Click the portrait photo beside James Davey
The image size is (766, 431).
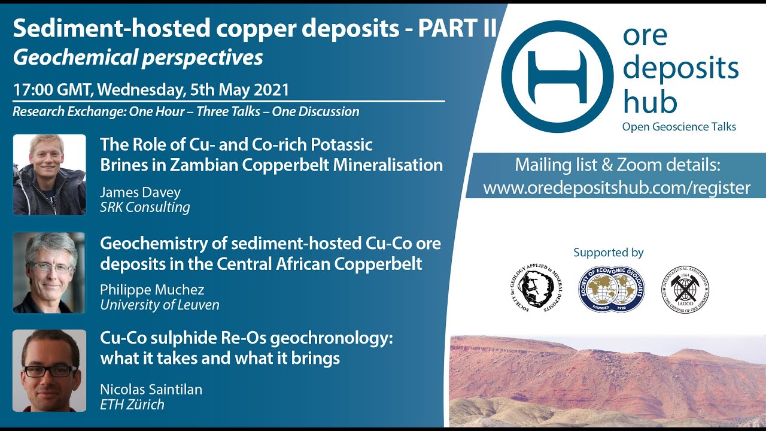tap(49, 174)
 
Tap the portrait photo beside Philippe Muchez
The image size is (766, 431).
tap(49, 272)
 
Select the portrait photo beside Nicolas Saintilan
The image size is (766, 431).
tap(49, 371)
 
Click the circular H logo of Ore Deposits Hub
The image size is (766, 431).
tap(557, 77)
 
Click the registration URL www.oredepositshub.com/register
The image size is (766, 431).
tap(616, 188)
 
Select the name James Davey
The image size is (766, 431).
tap(140, 193)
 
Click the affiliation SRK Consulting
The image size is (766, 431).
tap(145, 208)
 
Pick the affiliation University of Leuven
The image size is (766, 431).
tap(159, 305)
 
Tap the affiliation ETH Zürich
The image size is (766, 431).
tap(132, 405)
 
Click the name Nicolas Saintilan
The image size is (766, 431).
tap(151, 390)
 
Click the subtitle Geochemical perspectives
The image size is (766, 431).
tap(138, 57)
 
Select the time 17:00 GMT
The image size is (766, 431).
tap(52, 90)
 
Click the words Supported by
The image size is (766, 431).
tap(608, 253)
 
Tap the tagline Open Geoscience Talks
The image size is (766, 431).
tap(679, 127)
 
